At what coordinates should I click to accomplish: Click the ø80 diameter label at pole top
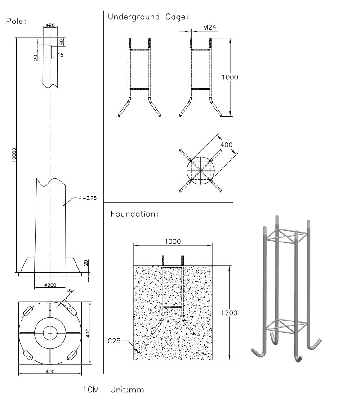pos(50,26)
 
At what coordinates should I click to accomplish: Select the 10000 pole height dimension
pos(15,154)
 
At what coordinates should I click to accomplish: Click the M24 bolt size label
pos(209,28)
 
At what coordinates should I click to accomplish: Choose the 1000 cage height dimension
pos(230,77)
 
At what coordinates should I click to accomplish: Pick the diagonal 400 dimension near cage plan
pos(227,145)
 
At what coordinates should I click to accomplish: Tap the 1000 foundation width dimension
pos(173,242)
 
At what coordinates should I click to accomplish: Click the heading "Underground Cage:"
pos(148,17)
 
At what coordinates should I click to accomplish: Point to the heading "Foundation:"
pos(134,214)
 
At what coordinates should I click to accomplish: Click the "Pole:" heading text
pos(17,21)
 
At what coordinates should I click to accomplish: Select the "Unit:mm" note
pos(127,390)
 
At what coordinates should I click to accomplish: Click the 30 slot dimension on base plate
pos(68,292)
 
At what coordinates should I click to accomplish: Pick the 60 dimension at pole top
pos(62,41)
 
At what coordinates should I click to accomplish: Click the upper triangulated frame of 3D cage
pos(285,236)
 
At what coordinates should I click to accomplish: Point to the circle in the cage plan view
pos(201,171)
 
